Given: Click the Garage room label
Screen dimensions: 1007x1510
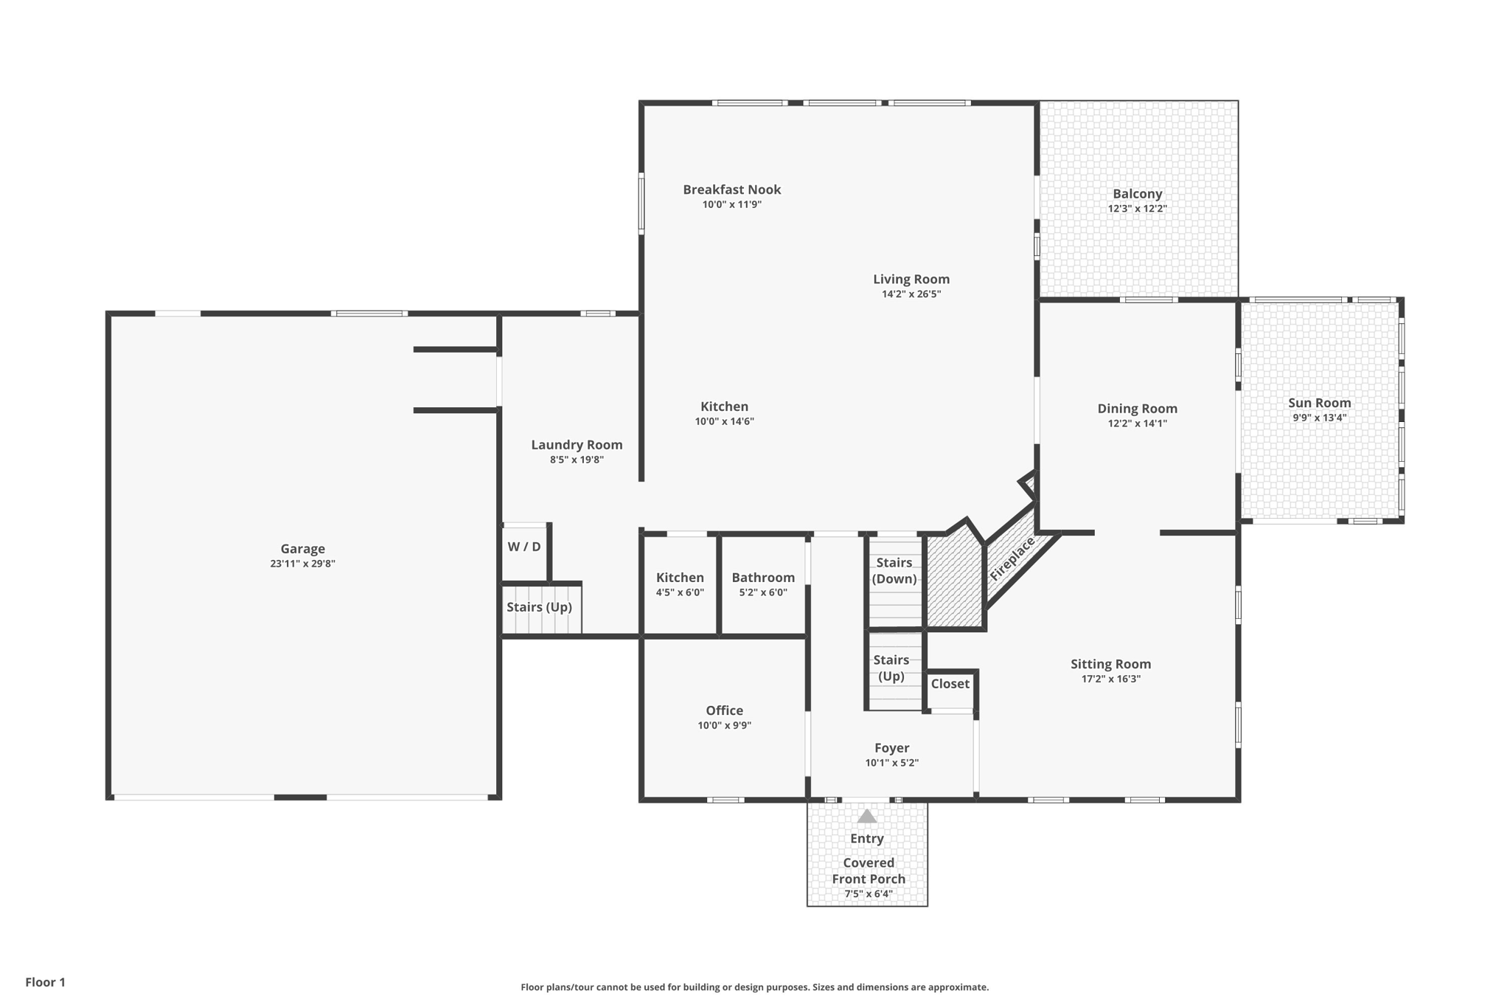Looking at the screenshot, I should pyautogui.click(x=302, y=549).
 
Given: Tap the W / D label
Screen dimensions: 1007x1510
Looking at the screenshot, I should pyautogui.click(x=524, y=547).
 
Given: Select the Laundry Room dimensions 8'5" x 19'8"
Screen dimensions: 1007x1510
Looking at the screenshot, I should pyautogui.click(x=577, y=460).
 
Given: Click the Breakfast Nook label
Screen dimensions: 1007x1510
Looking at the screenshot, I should pyautogui.click(x=731, y=190).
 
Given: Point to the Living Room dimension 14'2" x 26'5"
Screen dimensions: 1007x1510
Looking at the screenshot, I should pyautogui.click(x=911, y=294).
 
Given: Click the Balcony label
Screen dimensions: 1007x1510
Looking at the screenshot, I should pyautogui.click(x=1137, y=194).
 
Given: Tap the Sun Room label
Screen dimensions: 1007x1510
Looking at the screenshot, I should pyautogui.click(x=1319, y=403).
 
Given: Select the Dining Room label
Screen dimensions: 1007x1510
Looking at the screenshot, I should pyautogui.click(x=1137, y=409).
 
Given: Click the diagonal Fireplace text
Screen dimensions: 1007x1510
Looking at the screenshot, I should pyautogui.click(x=1012, y=558).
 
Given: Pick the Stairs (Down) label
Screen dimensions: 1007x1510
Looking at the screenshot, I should pyautogui.click(x=894, y=571).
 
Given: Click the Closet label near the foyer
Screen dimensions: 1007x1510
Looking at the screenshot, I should pyautogui.click(x=950, y=684).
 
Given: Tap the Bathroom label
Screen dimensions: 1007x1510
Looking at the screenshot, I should pyautogui.click(x=763, y=578).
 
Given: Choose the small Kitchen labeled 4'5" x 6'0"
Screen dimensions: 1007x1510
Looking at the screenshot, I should pyautogui.click(x=680, y=578).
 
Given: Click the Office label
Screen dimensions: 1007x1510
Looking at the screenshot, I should pyautogui.click(x=724, y=710).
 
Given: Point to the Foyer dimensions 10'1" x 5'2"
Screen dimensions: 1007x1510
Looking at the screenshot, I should pyautogui.click(x=891, y=763).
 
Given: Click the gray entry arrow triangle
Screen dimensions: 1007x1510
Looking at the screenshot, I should pyautogui.click(x=867, y=817).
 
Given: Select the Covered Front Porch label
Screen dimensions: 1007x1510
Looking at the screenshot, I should pyautogui.click(x=869, y=871).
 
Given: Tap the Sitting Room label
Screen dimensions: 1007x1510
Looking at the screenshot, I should pyautogui.click(x=1110, y=664).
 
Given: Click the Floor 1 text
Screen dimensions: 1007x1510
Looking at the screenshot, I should pyautogui.click(x=45, y=982).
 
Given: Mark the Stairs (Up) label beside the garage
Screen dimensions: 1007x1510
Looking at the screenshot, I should pyautogui.click(x=539, y=607).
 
